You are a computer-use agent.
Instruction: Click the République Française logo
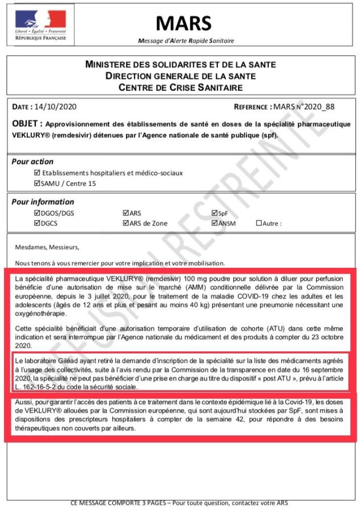41,25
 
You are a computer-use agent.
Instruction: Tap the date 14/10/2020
55,107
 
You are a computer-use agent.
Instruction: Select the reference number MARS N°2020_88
304,107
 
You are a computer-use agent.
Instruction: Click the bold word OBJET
26,124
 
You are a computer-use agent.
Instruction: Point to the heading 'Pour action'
33,162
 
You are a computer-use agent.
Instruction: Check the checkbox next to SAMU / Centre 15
37,183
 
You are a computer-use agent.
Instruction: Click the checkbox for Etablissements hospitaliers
37,173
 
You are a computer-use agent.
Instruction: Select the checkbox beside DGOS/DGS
37,213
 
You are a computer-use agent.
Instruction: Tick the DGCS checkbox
37,223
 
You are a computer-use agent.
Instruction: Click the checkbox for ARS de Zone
126,223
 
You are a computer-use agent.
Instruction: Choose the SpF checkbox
214,213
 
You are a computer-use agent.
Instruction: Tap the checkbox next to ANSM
214,223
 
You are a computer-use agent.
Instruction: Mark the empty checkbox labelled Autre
259,223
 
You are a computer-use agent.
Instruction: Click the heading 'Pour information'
43,202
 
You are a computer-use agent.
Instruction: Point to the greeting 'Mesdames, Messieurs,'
47,247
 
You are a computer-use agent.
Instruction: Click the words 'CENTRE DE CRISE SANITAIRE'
180,87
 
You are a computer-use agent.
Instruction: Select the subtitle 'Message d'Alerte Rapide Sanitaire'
186,40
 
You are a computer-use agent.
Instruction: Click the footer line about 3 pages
180,503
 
